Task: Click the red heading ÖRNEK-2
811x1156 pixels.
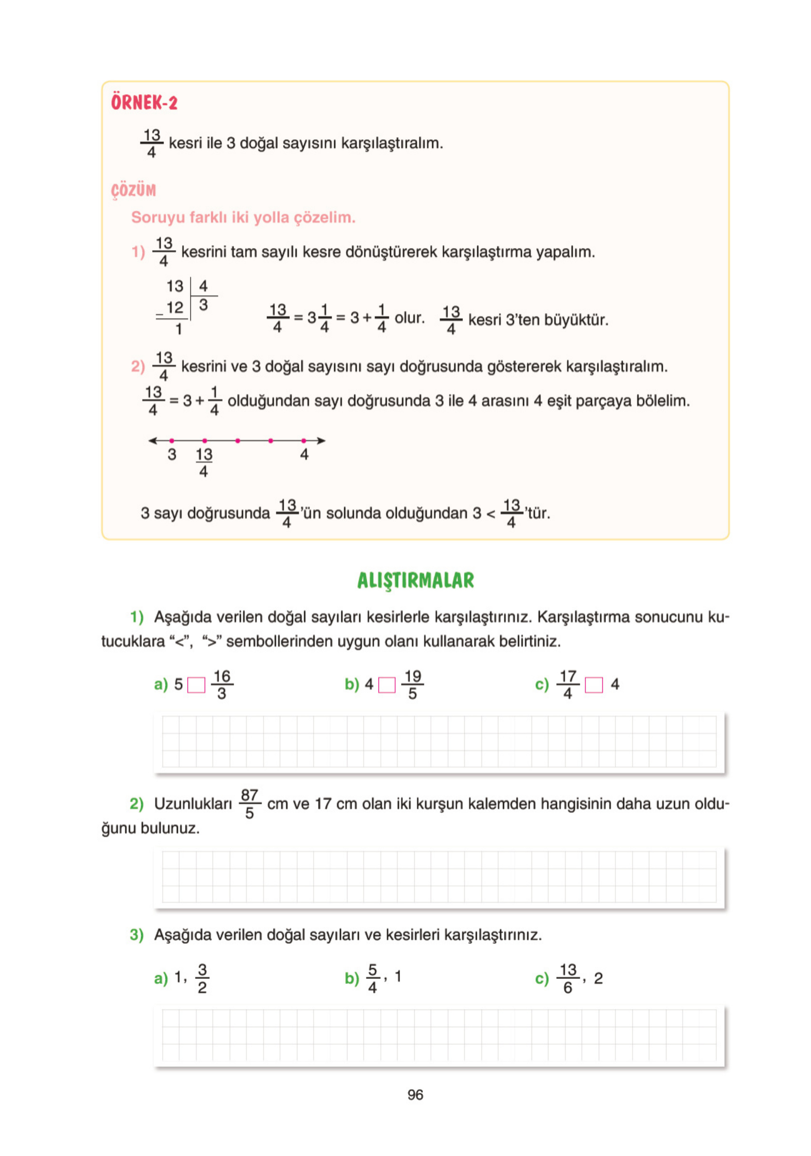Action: point(144,103)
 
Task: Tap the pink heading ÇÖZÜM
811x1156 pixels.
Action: point(133,190)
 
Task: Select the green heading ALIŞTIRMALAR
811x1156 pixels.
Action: point(415,580)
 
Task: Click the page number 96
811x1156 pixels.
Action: point(415,1094)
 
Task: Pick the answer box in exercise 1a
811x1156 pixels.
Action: point(196,685)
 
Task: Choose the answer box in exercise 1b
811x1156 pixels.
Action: point(387,685)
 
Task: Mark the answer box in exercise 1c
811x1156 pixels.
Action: point(594,685)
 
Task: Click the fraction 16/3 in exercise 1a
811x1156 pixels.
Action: point(222,685)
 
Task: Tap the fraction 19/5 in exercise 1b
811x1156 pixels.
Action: point(412,685)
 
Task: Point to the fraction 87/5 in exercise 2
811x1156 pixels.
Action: point(249,804)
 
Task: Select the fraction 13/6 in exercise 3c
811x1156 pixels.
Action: point(568,979)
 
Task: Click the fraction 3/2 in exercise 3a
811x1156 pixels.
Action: point(202,979)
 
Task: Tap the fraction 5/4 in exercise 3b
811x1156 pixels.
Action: point(372,979)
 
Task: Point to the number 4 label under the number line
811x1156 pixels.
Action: point(304,454)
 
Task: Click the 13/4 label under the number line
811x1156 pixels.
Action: point(204,462)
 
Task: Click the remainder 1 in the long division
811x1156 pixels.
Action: point(179,329)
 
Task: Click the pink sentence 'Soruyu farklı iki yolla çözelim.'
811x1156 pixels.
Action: point(243,217)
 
